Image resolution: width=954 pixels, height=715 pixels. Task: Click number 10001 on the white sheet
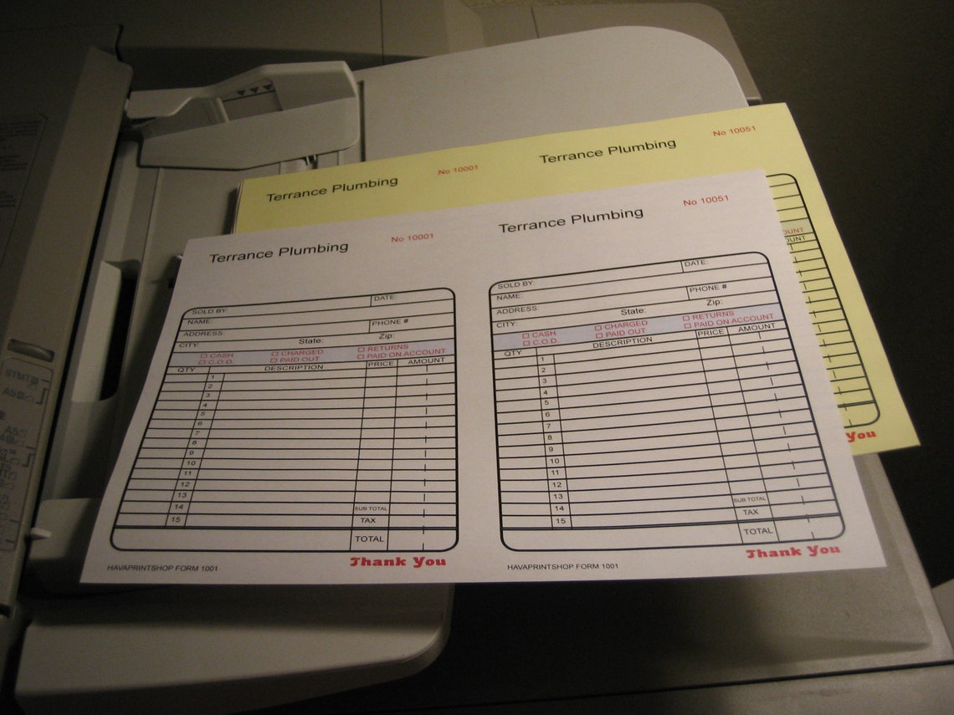[x=413, y=237]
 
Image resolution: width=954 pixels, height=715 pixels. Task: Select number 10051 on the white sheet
[x=705, y=202]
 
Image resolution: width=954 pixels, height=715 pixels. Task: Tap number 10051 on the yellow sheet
[x=734, y=131]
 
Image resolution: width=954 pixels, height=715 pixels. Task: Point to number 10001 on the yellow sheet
[x=458, y=170]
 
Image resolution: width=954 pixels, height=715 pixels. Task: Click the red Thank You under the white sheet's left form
[x=397, y=562]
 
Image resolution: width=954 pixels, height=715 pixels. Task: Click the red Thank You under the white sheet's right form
[x=792, y=552]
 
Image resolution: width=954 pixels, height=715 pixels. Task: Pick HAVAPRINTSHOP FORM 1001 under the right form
[x=563, y=566]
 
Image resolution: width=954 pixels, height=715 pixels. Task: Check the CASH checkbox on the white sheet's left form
[x=203, y=355]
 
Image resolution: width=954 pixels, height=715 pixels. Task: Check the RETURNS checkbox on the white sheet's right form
[x=686, y=318]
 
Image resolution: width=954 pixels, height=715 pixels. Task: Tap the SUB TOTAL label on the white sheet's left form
[x=371, y=508]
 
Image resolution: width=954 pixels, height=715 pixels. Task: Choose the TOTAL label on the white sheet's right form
[x=758, y=531]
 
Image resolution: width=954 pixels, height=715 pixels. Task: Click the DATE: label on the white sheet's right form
[x=695, y=264]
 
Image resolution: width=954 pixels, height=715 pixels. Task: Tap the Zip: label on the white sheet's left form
[x=386, y=335]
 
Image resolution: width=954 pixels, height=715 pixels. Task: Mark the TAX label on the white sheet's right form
[x=751, y=513]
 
